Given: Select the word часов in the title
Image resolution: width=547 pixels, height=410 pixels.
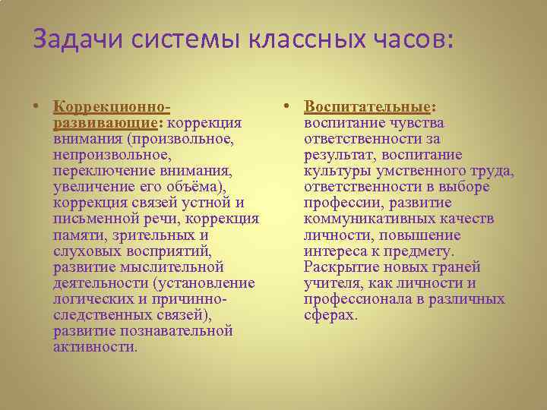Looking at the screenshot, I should tap(413, 38).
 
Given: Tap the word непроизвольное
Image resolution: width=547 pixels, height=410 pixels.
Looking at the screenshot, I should tap(110, 155).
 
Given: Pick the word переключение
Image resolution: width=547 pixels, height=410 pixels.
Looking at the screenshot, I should tap(100, 171).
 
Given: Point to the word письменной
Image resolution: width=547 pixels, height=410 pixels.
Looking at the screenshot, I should tap(96, 219).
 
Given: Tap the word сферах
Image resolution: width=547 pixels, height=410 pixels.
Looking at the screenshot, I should tap(329, 315).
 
